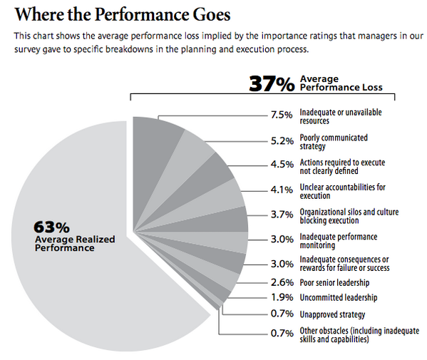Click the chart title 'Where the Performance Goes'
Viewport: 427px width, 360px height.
(120, 14)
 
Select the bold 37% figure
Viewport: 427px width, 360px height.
(271, 83)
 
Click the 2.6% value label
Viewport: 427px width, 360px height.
(282, 282)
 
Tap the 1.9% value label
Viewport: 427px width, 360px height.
(282, 298)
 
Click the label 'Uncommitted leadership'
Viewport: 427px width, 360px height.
(339, 298)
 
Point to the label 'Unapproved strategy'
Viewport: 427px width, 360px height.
(333, 314)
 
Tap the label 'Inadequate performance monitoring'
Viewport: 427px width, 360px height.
(339, 241)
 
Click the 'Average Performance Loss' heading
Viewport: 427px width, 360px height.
(341, 83)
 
